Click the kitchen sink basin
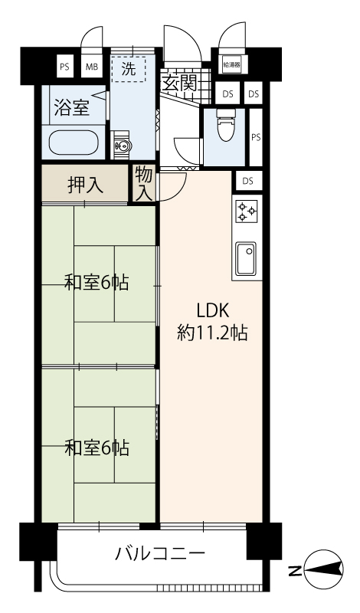[246, 259]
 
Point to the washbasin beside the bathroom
[122, 146]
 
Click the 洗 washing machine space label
[128, 69]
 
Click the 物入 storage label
[144, 183]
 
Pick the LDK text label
[212, 311]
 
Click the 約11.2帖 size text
[212, 333]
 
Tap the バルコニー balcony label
[160, 553]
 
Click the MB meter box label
[92, 67]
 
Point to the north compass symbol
[323, 570]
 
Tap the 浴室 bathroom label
[72, 107]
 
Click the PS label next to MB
[64, 67]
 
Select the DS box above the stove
[247, 181]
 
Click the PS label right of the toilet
[256, 137]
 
